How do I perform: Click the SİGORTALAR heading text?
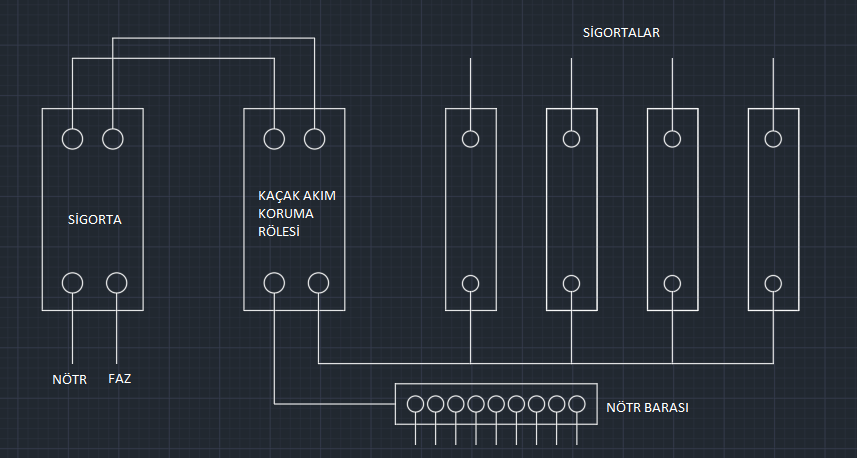pyautogui.click(x=621, y=32)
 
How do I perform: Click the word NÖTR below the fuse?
pyautogui.click(x=70, y=380)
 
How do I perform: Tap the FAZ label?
pyautogui.click(x=120, y=380)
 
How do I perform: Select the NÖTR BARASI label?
pyautogui.click(x=647, y=409)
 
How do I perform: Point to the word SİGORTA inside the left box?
pyautogui.click(x=94, y=219)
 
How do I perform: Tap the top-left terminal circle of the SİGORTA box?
pyautogui.click(x=72, y=139)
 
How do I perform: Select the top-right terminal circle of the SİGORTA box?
pyautogui.click(x=113, y=139)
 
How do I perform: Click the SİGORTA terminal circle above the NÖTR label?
pyautogui.click(x=73, y=282)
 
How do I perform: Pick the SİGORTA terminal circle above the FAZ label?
pyautogui.click(x=117, y=282)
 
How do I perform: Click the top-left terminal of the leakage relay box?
pyautogui.click(x=274, y=139)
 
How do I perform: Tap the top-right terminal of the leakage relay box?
pyautogui.click(x=315, y=139)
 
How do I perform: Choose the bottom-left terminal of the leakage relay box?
pyautogui.click(x=275, y=283)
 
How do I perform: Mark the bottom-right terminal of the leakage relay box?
pyautogui.click(x=318, y=283)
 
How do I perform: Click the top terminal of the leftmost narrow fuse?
pyautogui.click(x=470, y=139)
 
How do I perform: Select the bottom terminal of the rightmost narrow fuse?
pyautogui.click(x=773, y=283)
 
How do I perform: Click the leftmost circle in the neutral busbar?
pyautogui.click(x=416, y=404)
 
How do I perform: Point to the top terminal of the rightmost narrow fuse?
pyautogui.click(x=773, y=139)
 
